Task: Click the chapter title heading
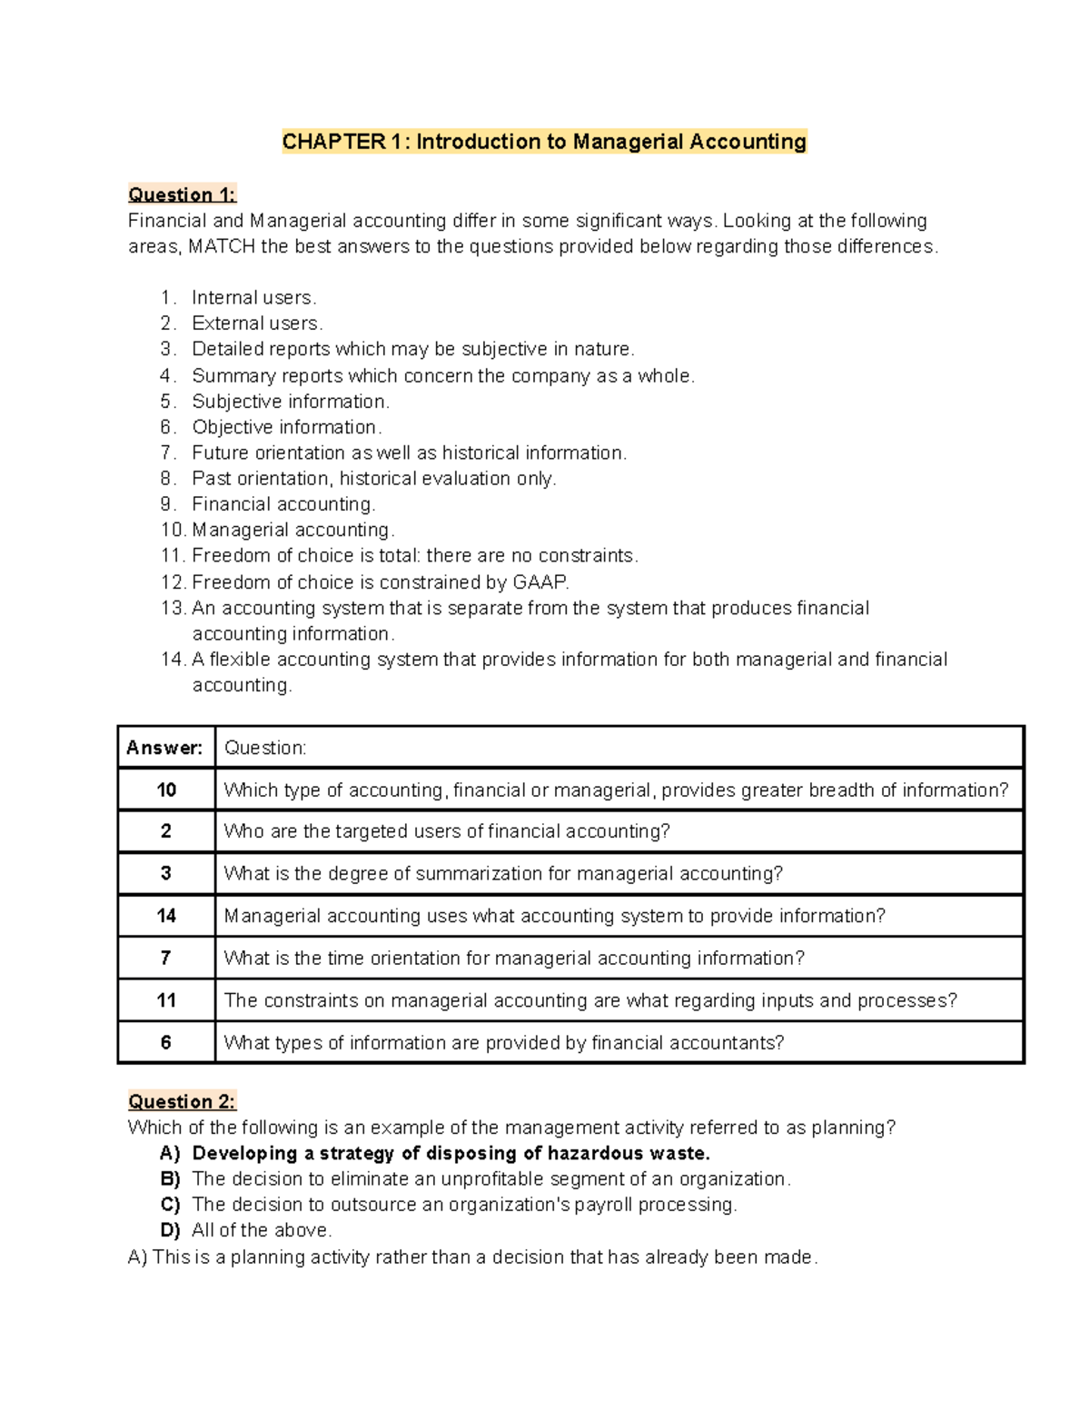pyautogui.click(x=544, y=142)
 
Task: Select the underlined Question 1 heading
pyautogui.click(x=182, y=194)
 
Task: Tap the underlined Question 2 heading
pyautogui.click(x=182, y=1101)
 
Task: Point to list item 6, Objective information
pyautogui.click(x=286, y=427)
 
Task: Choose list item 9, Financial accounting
pyautogui.click(x=282, y=504)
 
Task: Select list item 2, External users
pyautogui.click(x=257, y=323)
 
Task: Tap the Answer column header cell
pyautogui.click(x=165, y=748)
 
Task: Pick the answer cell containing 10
pyautogui.click(x=166, y=790)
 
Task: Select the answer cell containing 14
pyautogui.click(x=166, y=916)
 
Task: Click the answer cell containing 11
pyautogui.click(x=166, y=1000)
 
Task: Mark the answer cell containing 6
pyautogui.click(x=166, y=1042)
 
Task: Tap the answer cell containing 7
pyautogui.click(x=166, y=958)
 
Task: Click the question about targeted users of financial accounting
pyautogui.click(x=447, y=831)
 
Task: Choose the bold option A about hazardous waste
pyautogui.click(x=451, y=1153)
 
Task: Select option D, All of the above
pyautogui.click(x=262, y=1230)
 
